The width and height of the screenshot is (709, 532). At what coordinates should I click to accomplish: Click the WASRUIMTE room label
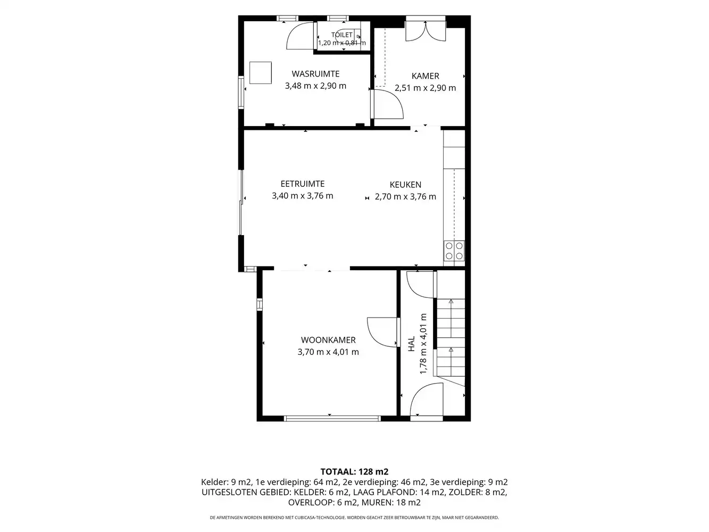[315, 74]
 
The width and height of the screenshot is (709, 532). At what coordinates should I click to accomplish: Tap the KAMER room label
[425, 76]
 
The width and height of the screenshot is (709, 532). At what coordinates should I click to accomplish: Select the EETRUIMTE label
[302, 184]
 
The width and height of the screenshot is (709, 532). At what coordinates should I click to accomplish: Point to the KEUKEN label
[405, 185]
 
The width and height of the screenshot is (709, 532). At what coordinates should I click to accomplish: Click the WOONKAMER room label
[328, 340]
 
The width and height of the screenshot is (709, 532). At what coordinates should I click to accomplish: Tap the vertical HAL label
[411, 344]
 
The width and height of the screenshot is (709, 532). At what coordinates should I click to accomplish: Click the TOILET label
[342, 35]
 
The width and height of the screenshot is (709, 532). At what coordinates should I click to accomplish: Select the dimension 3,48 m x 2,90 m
[315, 86]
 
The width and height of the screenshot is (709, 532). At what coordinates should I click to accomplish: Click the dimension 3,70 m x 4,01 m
[328, 352]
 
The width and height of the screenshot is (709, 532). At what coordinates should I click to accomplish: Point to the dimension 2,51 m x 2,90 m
[425, 88]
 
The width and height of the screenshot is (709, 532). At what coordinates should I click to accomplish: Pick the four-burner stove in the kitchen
[454, 251]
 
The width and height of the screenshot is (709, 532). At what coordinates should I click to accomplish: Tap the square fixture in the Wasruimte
[260, 73]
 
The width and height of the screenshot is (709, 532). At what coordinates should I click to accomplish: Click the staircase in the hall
[451, 338]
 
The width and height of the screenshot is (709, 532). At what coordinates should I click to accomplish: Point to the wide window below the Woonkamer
[332, 419]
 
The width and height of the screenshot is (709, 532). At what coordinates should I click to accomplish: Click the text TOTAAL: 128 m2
[354, 472]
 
